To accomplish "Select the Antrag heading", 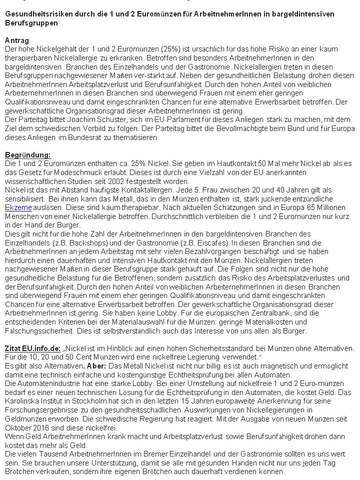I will tap(17, 40).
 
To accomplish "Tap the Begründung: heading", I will tap(28, 155).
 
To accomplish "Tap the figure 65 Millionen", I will tap(327, 206).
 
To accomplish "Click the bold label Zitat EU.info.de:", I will tap(32, 348).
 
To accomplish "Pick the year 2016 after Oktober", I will tap(47, 427).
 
